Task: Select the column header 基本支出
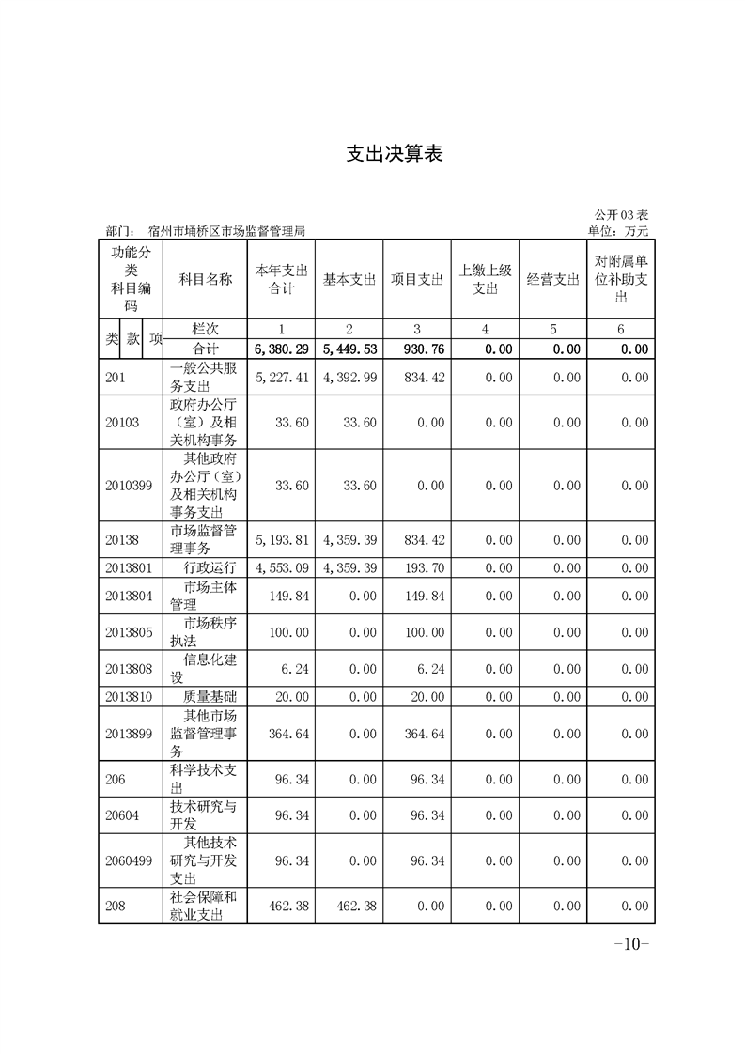(x=349, y=280)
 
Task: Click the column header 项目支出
(x=416, y=280)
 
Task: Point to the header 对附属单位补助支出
(x=619, y=279)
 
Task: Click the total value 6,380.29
(x=282, y=349)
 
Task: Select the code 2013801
(x=129, y=567)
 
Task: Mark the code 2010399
(x=129, y=486)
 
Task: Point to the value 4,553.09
(x=282, y=567)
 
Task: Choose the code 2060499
(x=129, y=860)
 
